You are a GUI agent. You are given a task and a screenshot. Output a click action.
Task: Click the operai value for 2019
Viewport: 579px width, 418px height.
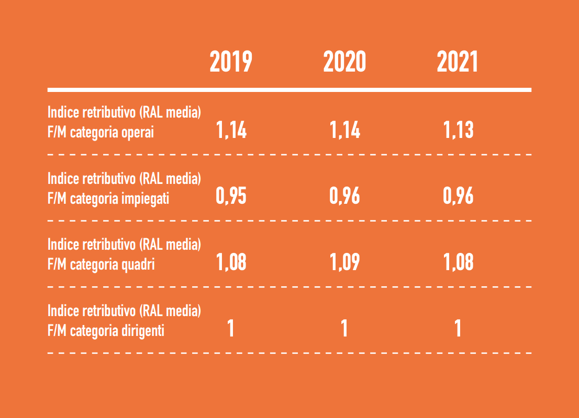click(x=231, y=130)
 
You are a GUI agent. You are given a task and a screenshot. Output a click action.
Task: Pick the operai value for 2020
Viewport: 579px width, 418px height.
click(x=345, y=130)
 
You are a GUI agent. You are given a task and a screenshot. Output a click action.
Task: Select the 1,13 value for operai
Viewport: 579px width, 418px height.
click(x=458, y=130)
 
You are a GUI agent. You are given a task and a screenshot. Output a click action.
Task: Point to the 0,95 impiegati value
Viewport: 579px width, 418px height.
click(x=231, y=196)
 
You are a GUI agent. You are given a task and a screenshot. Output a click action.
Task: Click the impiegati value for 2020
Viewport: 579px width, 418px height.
click(x=345, y=196)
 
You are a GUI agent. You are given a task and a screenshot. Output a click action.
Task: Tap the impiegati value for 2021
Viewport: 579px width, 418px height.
click(x=458, y=196)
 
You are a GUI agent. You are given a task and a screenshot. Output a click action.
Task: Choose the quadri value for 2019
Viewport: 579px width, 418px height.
click(x=231, y=262)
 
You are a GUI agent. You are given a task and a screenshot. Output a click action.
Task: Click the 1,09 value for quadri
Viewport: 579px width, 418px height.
click(x=345, y=262)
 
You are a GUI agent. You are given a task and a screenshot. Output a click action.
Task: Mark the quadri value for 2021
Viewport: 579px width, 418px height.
click(x=458, y=262)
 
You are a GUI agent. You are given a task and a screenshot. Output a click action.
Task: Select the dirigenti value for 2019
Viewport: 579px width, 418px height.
click(x=231, y=329)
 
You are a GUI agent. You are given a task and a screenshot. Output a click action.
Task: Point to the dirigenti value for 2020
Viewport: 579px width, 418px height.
click(x=344, y=329)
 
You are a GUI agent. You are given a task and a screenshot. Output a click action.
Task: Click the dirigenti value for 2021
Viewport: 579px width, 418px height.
click(x=458, y=329)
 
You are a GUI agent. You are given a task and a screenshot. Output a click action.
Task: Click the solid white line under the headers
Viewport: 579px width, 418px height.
click(x=289, y=90)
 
